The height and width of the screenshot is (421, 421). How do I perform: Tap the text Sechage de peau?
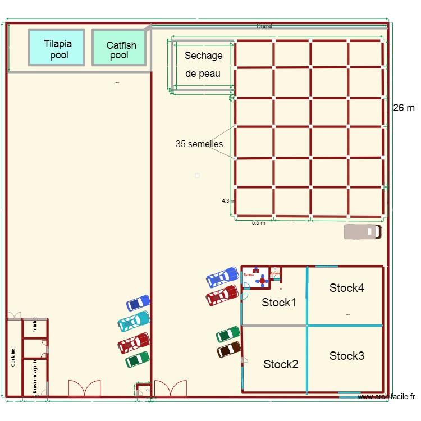[203, 65]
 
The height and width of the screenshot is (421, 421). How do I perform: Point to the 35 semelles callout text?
[199, 144]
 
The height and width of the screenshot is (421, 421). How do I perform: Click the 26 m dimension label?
[404, 108]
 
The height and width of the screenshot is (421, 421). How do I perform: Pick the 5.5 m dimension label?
[258, 223]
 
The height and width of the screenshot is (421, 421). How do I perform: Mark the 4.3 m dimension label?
[227, 200]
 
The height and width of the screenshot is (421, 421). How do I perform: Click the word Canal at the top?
[264, 26]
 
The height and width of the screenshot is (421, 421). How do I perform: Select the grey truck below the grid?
[363, 232]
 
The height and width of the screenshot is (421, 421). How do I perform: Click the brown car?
[229, 350]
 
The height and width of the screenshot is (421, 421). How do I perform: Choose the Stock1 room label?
[279, 303]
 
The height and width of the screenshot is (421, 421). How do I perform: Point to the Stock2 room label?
[281, 364]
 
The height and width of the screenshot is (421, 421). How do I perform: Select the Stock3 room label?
[347, 356]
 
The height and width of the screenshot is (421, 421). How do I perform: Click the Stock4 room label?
[347, 288]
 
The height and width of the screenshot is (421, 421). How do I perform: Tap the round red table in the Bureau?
[262, 281]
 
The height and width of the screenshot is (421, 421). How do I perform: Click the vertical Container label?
[12, 356]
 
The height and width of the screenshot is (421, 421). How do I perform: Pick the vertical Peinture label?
[35, 325]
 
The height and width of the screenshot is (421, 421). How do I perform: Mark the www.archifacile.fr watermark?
[386, 397]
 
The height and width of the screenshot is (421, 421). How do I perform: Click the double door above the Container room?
[14, 315]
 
